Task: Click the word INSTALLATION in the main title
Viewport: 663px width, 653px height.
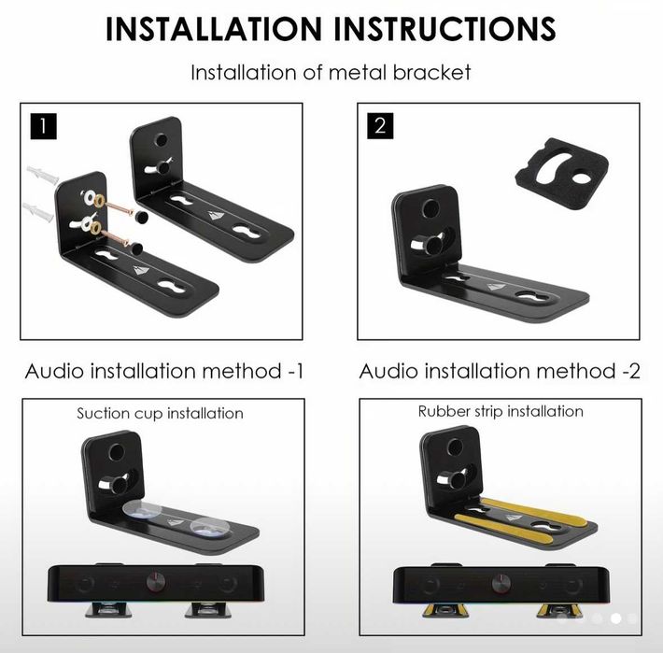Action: click(214, 29)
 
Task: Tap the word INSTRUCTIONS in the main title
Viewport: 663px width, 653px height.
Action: click(444, 29)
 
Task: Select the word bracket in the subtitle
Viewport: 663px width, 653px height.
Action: click(431, 72)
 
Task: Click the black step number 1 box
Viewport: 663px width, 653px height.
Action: click(43, 126)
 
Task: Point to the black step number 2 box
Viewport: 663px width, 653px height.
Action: click(380, 125)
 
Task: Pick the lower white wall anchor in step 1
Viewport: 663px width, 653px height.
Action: click(38, 212)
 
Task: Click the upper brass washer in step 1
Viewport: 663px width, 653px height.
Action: click(100, 200)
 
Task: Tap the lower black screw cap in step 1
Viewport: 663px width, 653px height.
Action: click(135, 248)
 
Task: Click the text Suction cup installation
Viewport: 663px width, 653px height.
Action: click(160, 413)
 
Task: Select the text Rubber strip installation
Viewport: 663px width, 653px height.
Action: click(501, 411)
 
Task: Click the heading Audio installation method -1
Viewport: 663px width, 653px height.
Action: click(164, 371)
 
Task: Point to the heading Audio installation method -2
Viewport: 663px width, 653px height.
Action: click(500, 371)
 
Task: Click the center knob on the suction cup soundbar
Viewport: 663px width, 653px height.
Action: click(156, 582)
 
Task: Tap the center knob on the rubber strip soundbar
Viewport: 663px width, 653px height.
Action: click(501, 584)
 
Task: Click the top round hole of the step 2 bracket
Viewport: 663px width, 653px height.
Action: click(430, 208)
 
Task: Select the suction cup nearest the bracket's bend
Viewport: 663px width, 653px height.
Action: click(142, 511)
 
